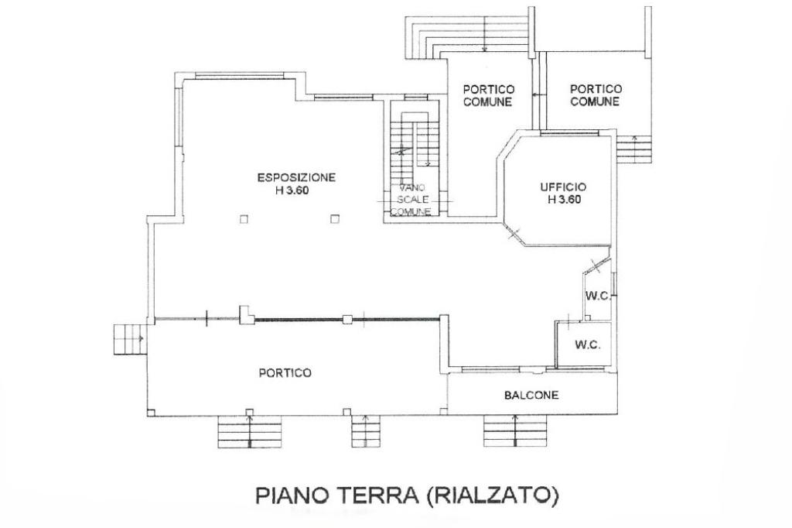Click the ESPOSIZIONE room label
[x=296, y=177]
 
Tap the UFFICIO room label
[x=563, y=187]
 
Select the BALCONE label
[x=531, y=395]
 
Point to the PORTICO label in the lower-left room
[x=285, y=373]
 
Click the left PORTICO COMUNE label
[x=488, y=95]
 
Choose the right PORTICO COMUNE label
[x=595, y=95]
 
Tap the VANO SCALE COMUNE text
[x=411, y=199]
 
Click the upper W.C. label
[x=598, y=296]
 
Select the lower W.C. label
[x=588, y=345]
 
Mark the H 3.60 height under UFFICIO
[x=564, y=199]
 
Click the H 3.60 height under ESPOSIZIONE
[x=292, y=191]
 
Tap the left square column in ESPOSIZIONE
[x=244, y=220]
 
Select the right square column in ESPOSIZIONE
[x=334, y=220]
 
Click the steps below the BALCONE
[x=515, y=431]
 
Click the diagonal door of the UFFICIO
[x=514, y=233]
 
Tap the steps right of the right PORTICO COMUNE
[x=634, y=149]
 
